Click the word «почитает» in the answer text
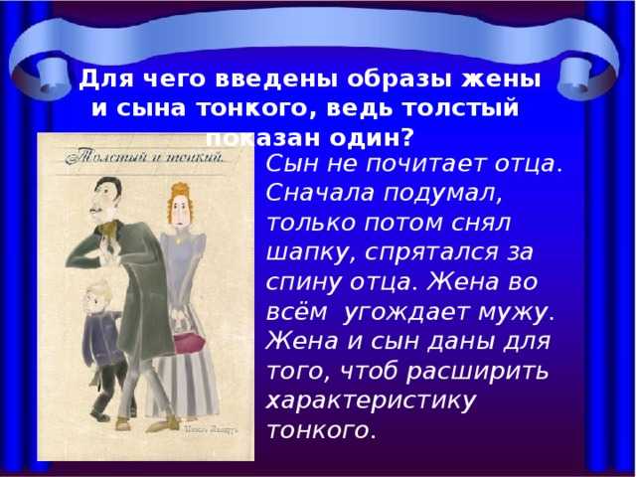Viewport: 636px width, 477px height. point(417,162)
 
